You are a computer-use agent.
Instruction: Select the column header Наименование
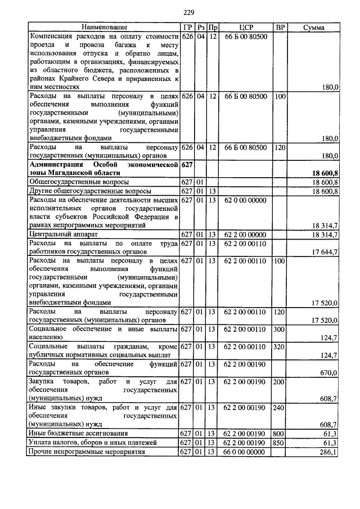(104, 27)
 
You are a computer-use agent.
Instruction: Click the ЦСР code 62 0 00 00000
(245, 200)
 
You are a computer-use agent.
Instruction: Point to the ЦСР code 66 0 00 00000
(245, 452)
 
